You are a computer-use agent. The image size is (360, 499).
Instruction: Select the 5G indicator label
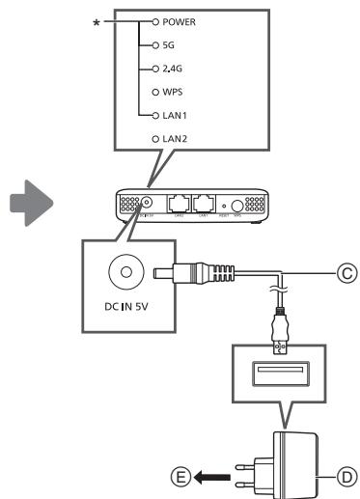click(x=168, y=44)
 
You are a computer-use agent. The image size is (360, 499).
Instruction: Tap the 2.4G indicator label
click(x=173, y=69)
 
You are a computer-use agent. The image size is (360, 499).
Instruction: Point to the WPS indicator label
click(x=172, y=93)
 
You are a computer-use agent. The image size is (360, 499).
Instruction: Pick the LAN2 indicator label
click(x=175, y=140)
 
